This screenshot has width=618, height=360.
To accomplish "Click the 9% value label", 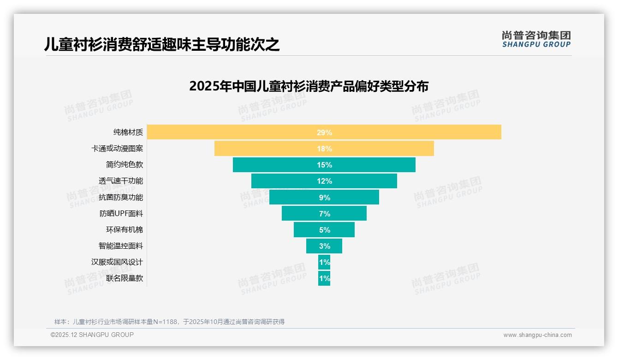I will pyautogui.click(x=324, y=198).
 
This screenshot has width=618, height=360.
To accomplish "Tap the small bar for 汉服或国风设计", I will pyautogui.click(x=324, y=262).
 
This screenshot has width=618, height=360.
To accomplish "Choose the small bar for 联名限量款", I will pyautogui.click(x=324, y=278).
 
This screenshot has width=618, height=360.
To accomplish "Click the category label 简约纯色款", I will pyautogui.click(x=125, y=165).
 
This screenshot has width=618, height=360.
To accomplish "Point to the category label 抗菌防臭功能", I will pyautogui.click(x=121, y=198).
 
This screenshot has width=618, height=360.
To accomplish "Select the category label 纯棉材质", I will pyautogui.click(x=128, y=132).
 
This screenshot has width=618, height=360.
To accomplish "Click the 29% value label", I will pyautogui.click(x=324, y=132).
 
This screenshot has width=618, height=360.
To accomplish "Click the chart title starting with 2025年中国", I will pyautogui.click(x=309, y=86).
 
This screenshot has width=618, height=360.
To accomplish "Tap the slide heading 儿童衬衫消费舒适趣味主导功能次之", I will pyautogui.click(x=162, y=44).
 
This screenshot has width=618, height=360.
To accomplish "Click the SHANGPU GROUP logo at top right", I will pyautogui.click(x=536, y=39).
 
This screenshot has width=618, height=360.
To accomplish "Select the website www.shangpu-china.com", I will pyautogui.click(x=537, y=335).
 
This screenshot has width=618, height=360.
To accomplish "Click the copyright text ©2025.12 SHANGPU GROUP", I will pyautogui.click(x=92, y=335).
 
